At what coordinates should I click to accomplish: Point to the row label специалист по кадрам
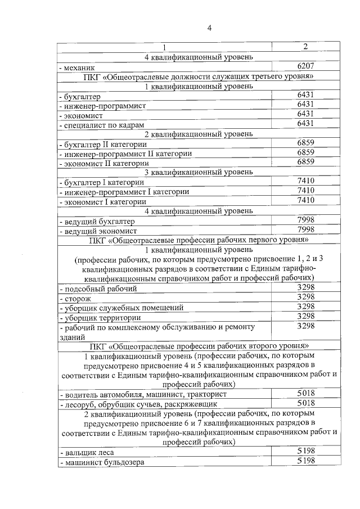pyautogui.click(x=102, y=124)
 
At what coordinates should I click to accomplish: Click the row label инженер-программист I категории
pyautogui.click(x=124, y=192)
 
